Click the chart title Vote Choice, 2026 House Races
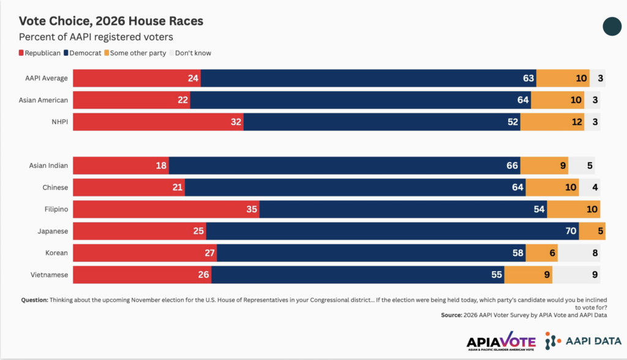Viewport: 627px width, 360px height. click(111, 21)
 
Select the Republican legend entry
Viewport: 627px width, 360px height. click(40, 53)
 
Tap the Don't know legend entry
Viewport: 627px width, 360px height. click(190, 53)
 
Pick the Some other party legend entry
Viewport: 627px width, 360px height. click(135, 53)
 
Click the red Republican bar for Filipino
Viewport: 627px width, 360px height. click(166, 209)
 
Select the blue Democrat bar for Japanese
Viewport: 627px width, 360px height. click(392, 231)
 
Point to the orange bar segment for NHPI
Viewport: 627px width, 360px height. click(552, 122)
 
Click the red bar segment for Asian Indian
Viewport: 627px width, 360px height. click(121, 165)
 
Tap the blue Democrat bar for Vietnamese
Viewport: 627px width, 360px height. click(358, 275)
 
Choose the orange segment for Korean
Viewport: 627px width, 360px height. click(541, 253)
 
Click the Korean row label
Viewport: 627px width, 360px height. click(56, 253)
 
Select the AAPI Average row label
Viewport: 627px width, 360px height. click(47, 78)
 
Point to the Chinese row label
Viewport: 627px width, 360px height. click(55, 187)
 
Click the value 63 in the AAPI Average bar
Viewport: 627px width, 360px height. click(528, 78)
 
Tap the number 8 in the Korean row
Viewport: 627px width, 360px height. click(595, 253)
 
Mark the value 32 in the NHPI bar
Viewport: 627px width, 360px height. click(236, 122)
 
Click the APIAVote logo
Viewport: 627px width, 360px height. click(501, 341)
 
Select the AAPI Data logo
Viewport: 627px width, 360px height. click(583, 341)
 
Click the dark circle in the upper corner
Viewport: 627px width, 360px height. click(612, 26)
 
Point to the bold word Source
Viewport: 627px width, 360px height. click(451, 315)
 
